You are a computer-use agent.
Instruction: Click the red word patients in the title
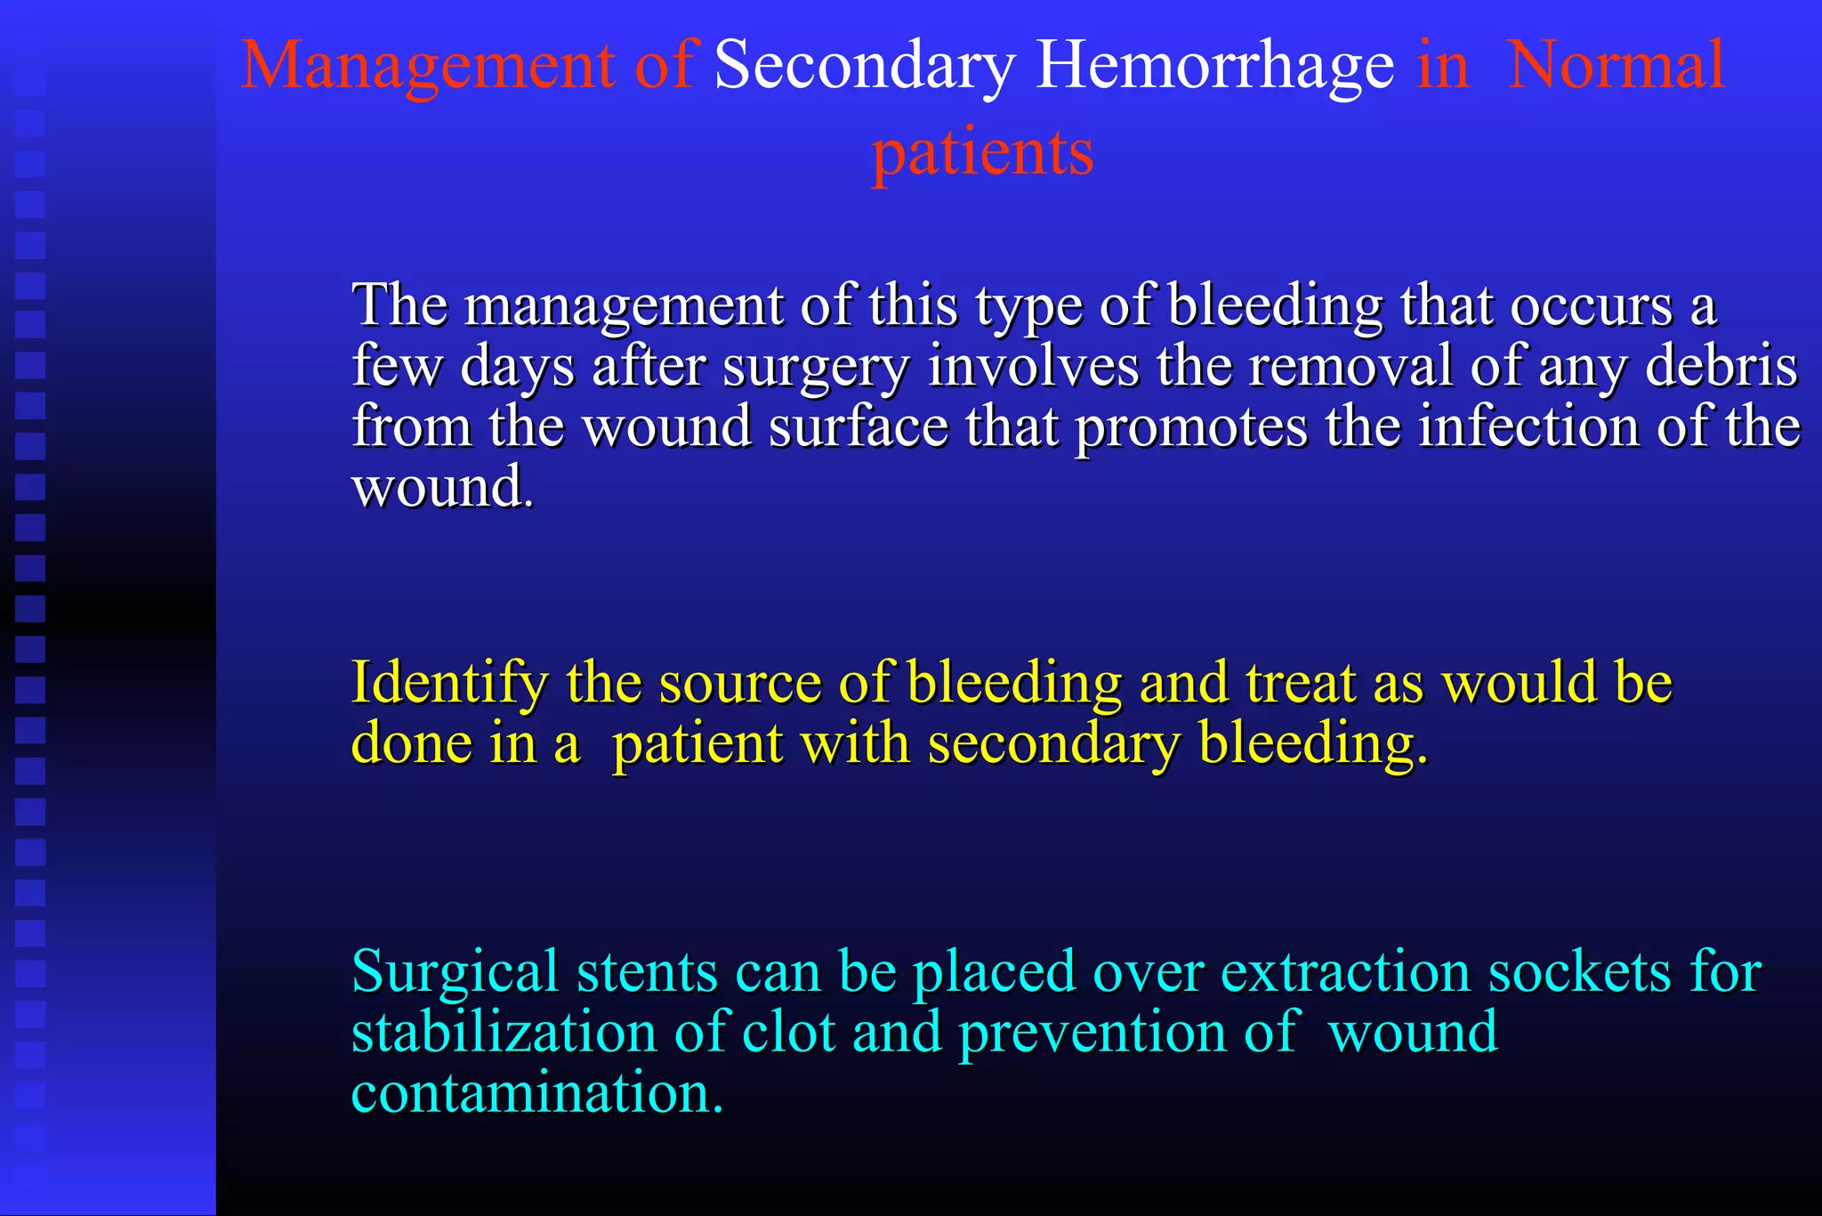pyautogui.click(x=982, y=153)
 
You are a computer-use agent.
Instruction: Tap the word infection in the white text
pyautogui.click(x=1528, y=426)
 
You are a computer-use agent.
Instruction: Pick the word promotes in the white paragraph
pyautogui.click(x=1191, y=426)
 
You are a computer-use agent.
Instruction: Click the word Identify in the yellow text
pyautogui.click(x=449, y=683)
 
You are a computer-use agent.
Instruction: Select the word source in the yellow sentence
pyautogui.click(x=739, y=683)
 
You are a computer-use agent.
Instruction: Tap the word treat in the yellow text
pyautogui.click(x=1300, y=683)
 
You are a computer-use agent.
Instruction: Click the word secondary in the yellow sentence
pyautogui.click(x=1053, y=743)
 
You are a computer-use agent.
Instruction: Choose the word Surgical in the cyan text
pyautogui.click(x=455, y=971)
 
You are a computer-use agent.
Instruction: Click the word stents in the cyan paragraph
pyautogui.click(x=647, y=971)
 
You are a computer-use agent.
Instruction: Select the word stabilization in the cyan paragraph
pyautogui.click(x=504, y=1032)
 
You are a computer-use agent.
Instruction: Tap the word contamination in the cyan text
pyautogui.click(x=537, y=1092)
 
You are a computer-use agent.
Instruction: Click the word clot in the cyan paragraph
pyautogui.click(x=788, y=1032)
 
